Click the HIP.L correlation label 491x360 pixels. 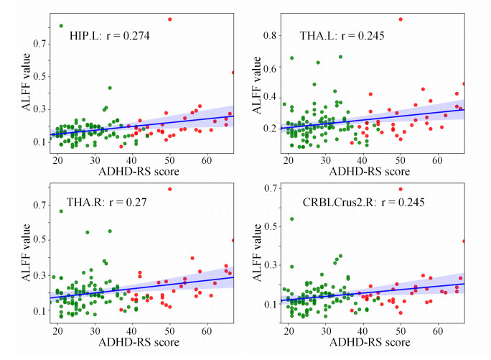[108, 34]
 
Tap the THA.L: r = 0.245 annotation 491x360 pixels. [343, 34]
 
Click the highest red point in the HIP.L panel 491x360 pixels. [170, 19]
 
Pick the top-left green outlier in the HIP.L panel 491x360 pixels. [61, 26]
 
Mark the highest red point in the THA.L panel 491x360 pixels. [401, 19]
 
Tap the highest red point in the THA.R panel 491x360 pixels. [170, 189]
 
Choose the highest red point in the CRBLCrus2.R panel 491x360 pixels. [401, 189]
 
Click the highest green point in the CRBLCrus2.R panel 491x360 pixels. [291, 218]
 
